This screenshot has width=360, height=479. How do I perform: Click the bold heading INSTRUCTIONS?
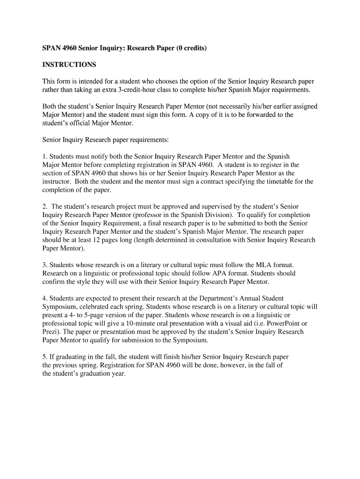coord(69,64)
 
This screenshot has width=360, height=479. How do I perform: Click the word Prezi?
coord(50,332)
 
